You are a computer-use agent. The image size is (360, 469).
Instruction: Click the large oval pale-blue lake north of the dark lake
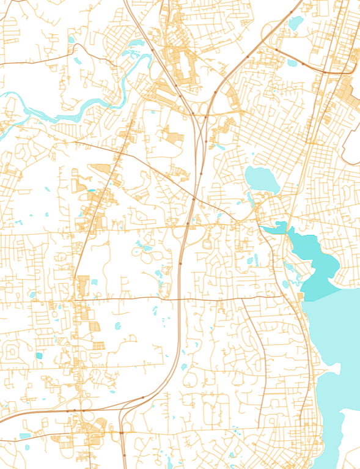(x=262, y=179)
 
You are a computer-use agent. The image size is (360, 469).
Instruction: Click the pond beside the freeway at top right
(x=296, y=23)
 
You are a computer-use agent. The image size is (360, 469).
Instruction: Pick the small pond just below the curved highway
(x=292, y=62)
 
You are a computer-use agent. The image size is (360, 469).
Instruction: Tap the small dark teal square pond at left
(x=39, y=355)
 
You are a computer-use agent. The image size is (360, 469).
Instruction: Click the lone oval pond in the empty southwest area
(x=118, y=326)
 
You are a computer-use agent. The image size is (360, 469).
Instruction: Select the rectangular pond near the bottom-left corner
(x=25, y=436)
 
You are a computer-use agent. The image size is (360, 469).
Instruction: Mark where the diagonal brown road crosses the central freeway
(x=193, y=199)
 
